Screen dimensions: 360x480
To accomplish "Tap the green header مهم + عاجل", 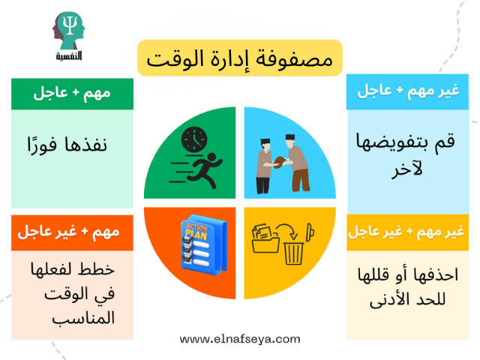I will point(72,94).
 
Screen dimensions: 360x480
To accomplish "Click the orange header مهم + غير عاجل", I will point(72,232).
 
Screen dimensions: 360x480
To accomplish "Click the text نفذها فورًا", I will point(73,145).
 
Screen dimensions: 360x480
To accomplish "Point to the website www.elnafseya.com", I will point(240,339).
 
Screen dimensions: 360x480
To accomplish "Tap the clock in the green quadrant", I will point(193,139).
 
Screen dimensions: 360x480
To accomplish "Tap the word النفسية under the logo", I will point(69,55).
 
